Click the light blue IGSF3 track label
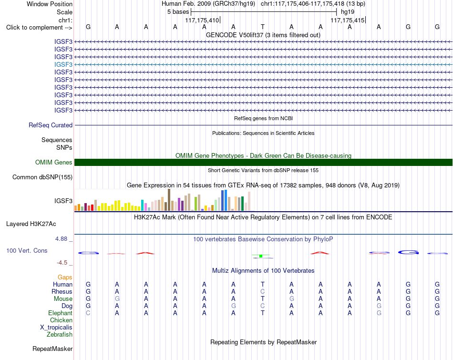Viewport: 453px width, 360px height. coord(63,64)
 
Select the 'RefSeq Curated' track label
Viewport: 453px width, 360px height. coord(51,125)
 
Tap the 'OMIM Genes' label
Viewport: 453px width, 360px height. coord(54,163)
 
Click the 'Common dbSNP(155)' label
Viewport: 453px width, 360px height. coord(42,177)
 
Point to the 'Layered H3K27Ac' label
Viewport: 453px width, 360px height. coord(31,224)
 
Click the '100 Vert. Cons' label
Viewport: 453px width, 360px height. coord(27,250)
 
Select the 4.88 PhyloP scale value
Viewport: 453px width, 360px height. coord(61,239)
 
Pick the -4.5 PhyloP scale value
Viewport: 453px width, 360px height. coord(62,263)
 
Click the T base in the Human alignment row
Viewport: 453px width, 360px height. coord(262,284)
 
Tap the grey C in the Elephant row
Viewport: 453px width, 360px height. coord(88,313)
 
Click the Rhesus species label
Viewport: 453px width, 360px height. coord(62,291)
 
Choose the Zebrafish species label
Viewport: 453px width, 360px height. coord(60,334)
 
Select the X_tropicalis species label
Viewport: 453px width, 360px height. coord(56,328)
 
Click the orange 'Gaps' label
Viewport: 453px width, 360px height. coord(65,277)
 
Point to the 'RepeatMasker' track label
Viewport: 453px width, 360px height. coord(52,349)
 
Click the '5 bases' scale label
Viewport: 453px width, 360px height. coord(178,12)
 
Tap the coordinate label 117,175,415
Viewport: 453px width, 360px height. coord(348,20)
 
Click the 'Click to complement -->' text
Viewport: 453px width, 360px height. coord(39,28)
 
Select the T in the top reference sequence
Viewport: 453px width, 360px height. coord(262,27)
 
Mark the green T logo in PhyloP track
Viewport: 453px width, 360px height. coord(261,256)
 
